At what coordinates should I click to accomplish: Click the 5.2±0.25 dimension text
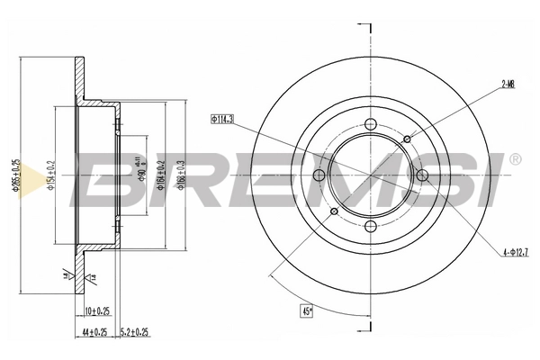coord(135,332)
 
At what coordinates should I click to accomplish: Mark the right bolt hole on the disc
coord(421,175)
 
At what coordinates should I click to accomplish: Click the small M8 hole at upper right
coord(408,139)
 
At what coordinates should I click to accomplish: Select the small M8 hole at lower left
coord(336,211)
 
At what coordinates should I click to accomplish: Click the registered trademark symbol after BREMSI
coord(515,159)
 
